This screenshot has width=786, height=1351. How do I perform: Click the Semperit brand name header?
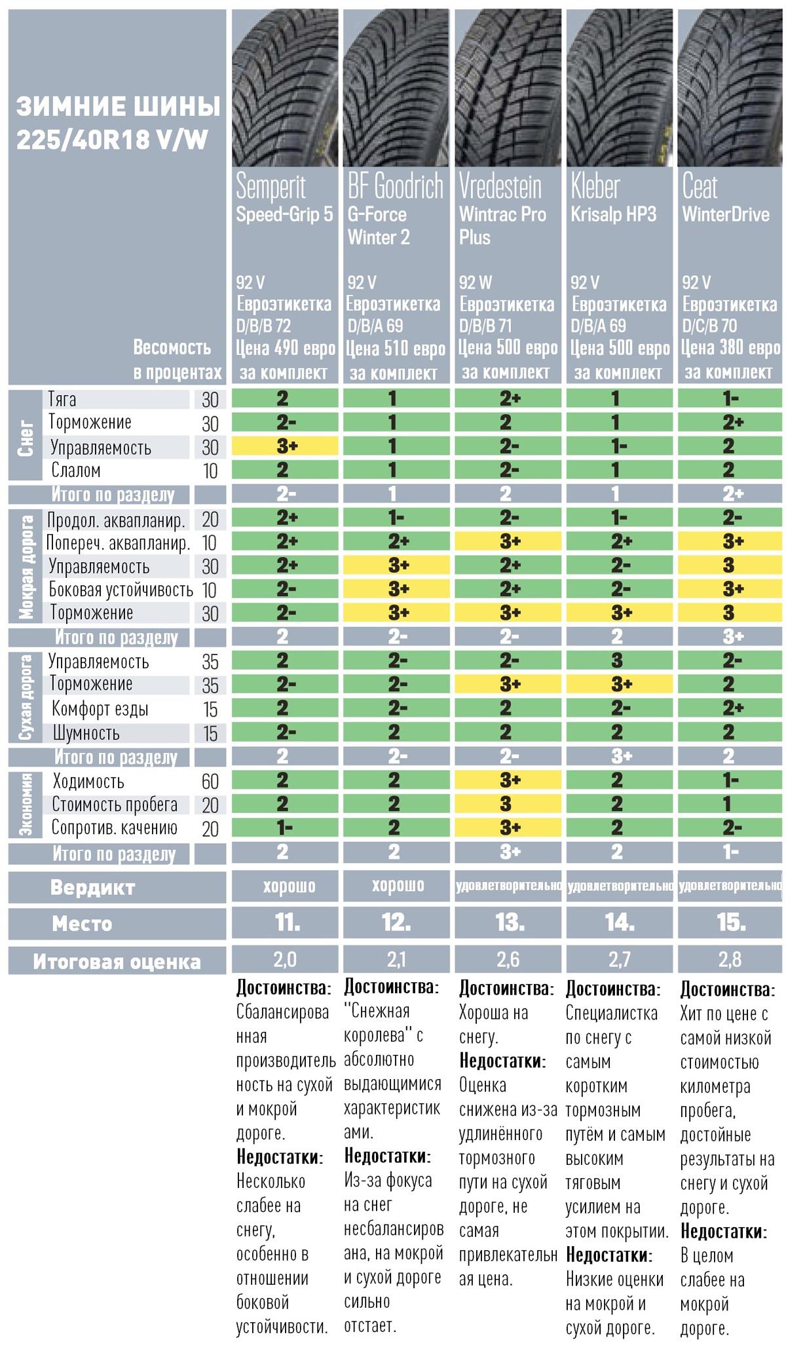tap(271, 187)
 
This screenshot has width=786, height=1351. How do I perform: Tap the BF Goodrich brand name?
tap(395, 187)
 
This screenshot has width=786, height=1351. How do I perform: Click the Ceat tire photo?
tap(731, 88)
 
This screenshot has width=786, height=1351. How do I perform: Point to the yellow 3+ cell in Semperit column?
tap(286, 447)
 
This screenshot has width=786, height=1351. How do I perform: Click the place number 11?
tap(286, 924)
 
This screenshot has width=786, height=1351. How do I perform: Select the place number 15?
tap(731, 924)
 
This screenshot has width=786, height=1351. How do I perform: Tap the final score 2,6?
tap(508, 961)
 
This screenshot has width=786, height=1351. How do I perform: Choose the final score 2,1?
tap(396, 961)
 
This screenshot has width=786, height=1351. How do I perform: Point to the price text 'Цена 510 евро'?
tap(396, 349)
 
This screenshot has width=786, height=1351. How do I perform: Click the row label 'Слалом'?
tap(76, 471)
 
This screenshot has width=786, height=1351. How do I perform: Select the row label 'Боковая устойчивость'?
tap(121, 590)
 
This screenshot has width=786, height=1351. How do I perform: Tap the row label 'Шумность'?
tap(86, 733)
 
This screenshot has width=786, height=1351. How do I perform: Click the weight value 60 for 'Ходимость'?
tap(210, 782)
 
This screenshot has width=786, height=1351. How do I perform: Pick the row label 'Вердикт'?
tap(92, 888)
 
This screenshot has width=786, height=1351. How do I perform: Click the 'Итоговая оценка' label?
tap(117, 962)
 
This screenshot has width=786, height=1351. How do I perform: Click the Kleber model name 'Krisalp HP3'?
tap(613, 215)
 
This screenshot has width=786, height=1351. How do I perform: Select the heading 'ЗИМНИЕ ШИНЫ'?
tap(118, 107)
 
